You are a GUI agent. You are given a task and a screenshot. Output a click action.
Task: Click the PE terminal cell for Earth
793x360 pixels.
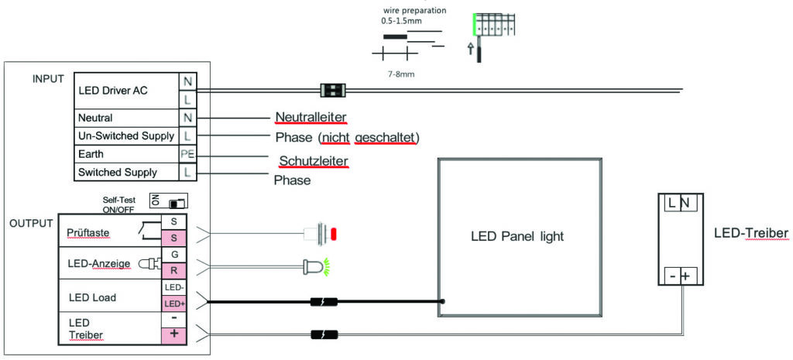point(187,155)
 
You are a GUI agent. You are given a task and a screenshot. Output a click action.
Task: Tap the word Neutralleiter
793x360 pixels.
point(311,118)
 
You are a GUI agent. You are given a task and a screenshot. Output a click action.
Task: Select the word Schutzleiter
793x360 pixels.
point(314,161)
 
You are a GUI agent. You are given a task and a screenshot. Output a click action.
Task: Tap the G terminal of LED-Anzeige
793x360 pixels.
point(173,255)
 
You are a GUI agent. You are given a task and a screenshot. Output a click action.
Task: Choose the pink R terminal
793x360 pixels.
point(173,270)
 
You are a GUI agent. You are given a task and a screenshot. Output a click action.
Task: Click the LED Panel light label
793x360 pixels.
point(517,236)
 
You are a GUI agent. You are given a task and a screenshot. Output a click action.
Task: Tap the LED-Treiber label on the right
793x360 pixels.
point(751,234)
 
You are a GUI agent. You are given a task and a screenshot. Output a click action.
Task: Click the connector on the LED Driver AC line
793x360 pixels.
point(333,91)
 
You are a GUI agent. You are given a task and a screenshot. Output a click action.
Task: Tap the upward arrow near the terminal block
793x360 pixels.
point(470,48)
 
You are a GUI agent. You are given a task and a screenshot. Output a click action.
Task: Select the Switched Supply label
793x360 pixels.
point(118,173)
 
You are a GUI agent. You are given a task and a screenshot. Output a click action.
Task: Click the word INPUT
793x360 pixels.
point(48,79)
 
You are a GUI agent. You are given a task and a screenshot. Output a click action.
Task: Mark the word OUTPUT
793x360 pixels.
point(31,224)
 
